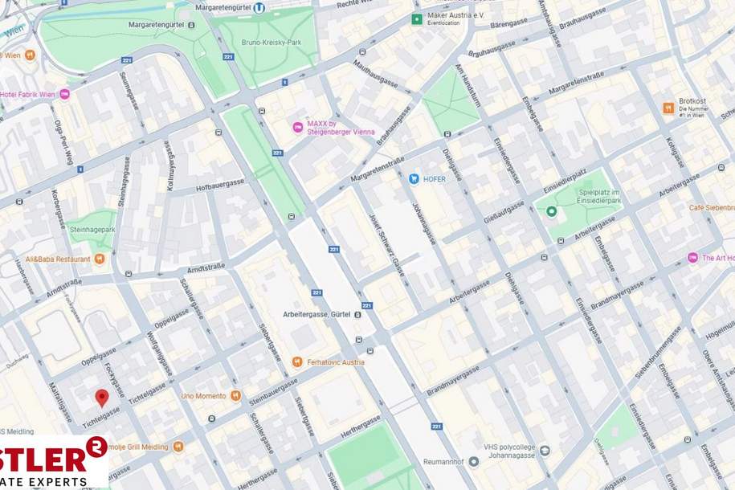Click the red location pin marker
(x=102, y=397)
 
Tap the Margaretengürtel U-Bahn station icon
(x=259, y=8)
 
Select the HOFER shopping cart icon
(x=414, y=178)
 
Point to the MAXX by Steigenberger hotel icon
(x=298, y=127)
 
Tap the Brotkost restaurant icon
(x=668, y=108)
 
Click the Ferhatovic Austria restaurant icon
(x=297, y=361)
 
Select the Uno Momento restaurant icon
(x=235, y=395)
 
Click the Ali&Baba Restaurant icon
(x=100, y=259)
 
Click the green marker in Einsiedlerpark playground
(x=551, y=211)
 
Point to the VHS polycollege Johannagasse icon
(x=545, y=451)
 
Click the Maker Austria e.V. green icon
(x=416, y=18)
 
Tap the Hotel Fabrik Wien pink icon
(x=64, y=94)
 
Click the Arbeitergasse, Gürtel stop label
(x=316, y=314)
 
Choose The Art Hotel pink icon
(x=692, y=257)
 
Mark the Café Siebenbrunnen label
(x=712, y=207)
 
